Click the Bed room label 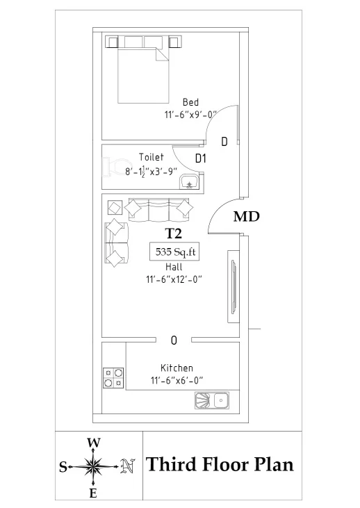point(190,102)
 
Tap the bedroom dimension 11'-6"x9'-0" point(190,115)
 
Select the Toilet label point(151,157)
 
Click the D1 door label point(201,158)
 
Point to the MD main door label point(247,216)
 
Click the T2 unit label point(173,233)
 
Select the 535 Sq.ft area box point(174,252)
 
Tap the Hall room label point(174,267)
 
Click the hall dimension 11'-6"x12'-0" point(174,279)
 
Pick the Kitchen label point(177,368)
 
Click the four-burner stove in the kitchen point(113,378)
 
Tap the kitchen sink point(212,400)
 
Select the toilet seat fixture point(115,167)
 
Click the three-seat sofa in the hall point(158,210)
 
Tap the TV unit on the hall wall point(234,286)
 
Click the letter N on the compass point(127,466)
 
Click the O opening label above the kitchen point(174,341)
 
